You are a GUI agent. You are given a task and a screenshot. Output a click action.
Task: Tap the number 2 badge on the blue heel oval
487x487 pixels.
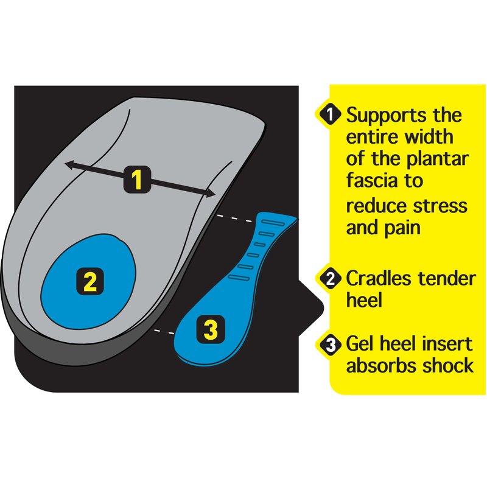89,281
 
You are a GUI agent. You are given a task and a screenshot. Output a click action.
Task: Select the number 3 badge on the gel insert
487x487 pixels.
210,330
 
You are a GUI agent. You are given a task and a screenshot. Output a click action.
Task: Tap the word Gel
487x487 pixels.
359,345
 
